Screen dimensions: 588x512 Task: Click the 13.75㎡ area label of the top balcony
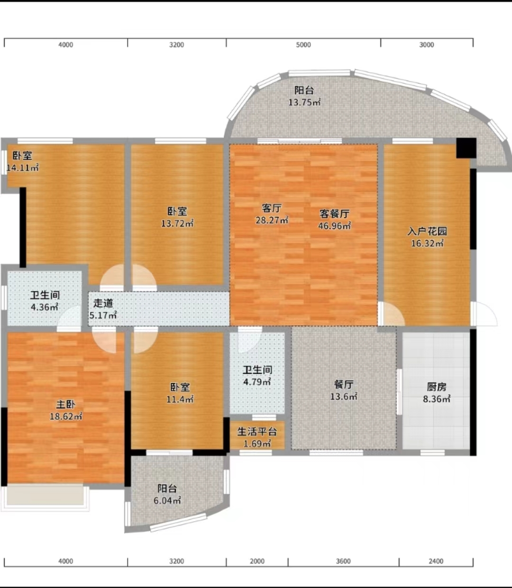point(304,102)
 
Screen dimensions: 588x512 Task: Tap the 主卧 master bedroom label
point(66,404)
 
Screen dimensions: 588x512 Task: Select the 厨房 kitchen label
point(436,387)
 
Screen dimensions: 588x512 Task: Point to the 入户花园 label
point(427,231)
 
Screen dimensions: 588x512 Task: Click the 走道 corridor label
point(102,303)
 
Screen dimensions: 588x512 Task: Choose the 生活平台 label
point(256,432)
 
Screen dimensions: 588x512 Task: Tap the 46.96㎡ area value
point(334,226)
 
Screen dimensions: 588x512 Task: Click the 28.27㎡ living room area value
point(272,220)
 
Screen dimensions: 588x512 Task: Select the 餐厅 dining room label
point(343,384)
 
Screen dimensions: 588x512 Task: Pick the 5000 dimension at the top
point(303,45)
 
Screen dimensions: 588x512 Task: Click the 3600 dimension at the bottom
point(343,561)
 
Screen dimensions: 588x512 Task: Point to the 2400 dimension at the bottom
point(436,561)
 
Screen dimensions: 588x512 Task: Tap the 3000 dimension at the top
point(427,45)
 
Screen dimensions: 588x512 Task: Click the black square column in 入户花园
point(466,148)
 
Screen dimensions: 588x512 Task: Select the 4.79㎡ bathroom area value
point(257,381)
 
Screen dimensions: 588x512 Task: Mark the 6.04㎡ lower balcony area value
point(167,500)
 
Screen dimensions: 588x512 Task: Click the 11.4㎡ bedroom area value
point(180,399)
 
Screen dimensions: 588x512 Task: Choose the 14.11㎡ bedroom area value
point(22,167)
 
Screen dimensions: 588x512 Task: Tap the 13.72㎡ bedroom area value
point(177,223)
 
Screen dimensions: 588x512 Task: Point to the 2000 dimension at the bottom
point(257,561)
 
